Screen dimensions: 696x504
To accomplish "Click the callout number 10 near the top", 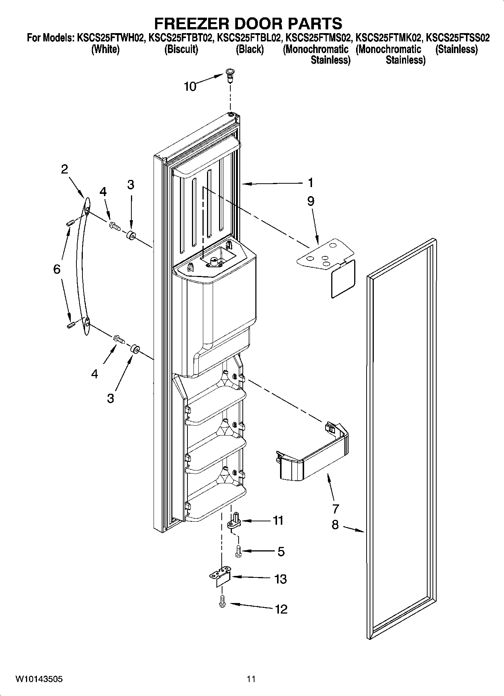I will click(x=190, y=87).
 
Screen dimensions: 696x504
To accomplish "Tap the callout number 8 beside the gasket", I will click(x=335, y=524).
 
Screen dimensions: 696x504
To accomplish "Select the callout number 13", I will click(x=281, y=579).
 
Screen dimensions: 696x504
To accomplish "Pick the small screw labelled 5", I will click(x=238, y=551).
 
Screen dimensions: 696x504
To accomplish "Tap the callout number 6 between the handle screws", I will click(x=56, y=269).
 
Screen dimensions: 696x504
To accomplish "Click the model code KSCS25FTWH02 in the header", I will click(x=110, y=38).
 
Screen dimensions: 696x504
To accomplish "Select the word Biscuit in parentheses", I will click(x=181, y=49).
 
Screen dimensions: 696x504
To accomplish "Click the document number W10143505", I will click(x=39, y=679).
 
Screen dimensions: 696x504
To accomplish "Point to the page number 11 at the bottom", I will click(x=251, y=679).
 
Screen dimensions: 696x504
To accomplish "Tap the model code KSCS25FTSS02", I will click(x=458, y=38).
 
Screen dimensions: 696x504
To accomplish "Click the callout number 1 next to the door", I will click(x=310, y=183).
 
